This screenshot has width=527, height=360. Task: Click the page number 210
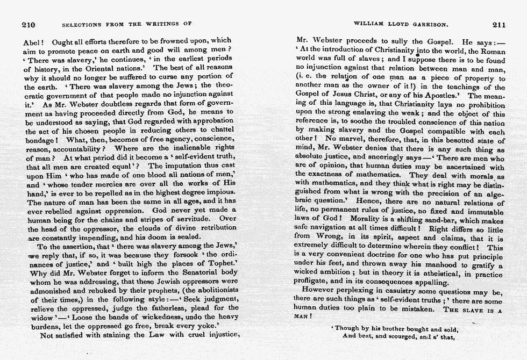[x=28, y=25]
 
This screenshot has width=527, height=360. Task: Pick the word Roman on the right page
[x=493, y=51]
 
